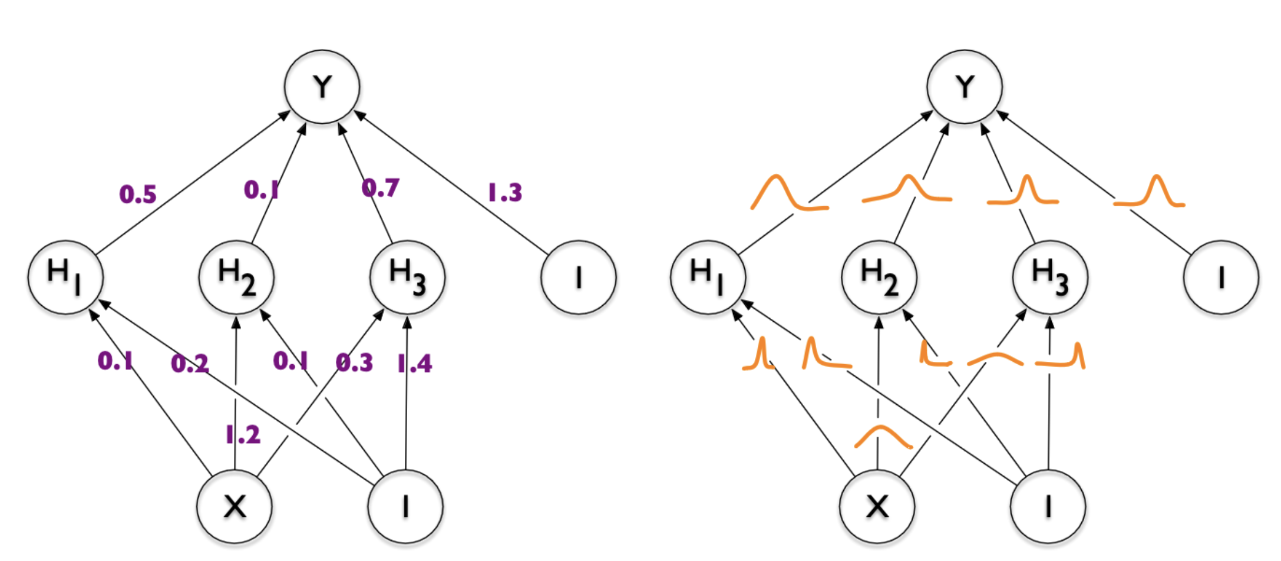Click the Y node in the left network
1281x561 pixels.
(x=322, y=87)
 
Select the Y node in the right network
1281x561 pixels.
(x=964, y=87)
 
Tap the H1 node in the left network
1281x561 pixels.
(x=65, y=277)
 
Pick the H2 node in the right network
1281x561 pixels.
(x=879, y=277)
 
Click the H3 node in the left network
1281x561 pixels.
(x=407, y=277)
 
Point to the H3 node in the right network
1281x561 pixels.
(x=1050, y=277)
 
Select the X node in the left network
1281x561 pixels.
(x=235, y=506)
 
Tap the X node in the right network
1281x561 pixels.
(x=877, y=506)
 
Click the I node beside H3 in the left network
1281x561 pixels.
(x=579, y=277)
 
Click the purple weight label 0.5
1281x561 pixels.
(x=138, y=194)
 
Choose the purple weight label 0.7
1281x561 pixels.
(x=380, y=188)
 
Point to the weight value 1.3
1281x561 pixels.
(x=505, y=192)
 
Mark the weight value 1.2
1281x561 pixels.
(x=243, y=435)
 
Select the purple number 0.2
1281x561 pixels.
(x=190, y=363)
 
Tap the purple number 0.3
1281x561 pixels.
(x=354, y=362)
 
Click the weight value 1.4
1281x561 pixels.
(x=415, y=364)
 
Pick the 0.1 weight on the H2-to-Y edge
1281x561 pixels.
(x=261, y=190)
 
